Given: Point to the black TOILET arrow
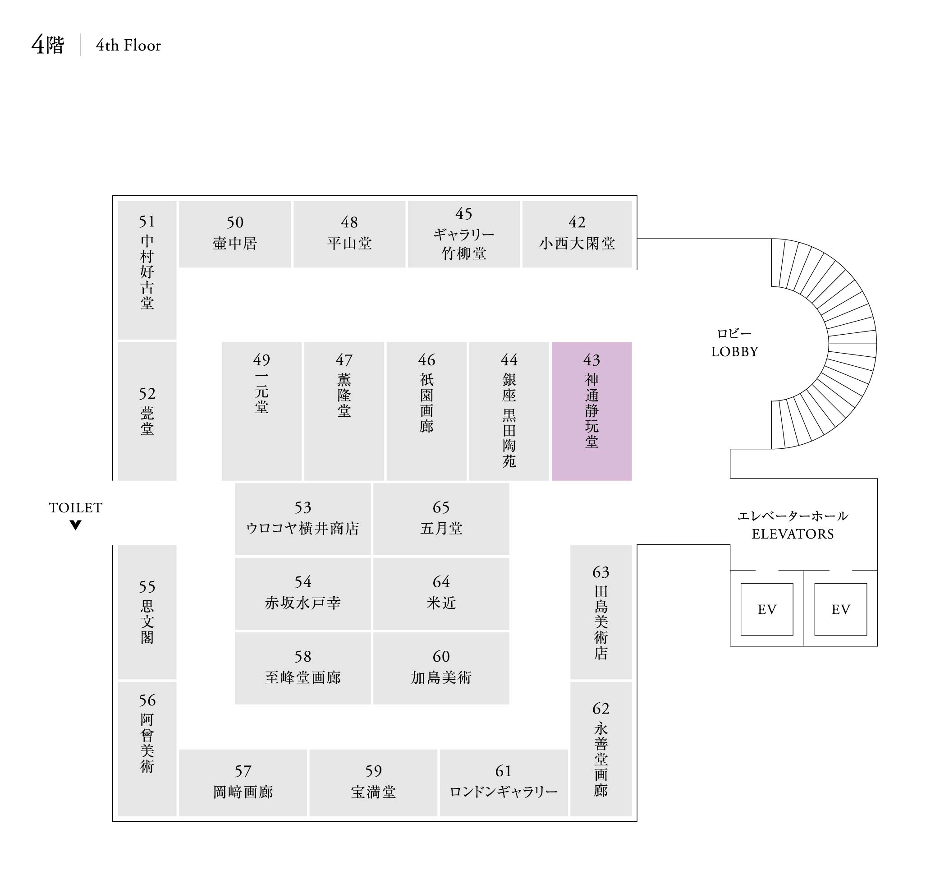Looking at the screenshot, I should [x=76, y=525].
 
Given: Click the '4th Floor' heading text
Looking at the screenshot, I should [x=128, y=45].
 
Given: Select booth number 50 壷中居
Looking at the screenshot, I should [x=235, y=234].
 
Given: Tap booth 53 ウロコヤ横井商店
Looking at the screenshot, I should [x=303, y=519].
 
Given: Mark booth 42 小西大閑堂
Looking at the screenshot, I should [x=577, y=234].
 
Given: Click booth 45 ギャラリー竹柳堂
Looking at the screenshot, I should [x=463, y=234].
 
